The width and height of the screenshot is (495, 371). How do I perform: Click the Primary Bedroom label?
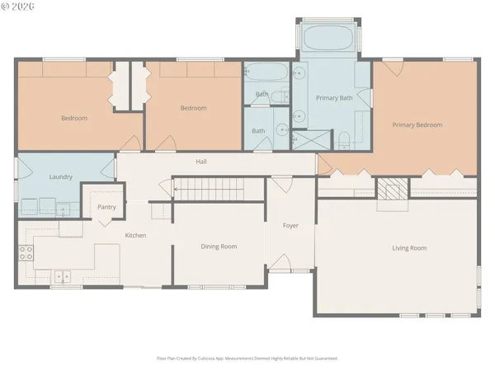pyautogui.click(x=417, y=125)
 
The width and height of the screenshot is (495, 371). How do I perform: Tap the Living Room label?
pyautogui.click(x=408, y=247)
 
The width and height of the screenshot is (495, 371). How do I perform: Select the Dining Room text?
pyautogui.click(x=219, y=247)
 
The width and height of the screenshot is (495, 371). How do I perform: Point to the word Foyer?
pyautogui.click(x=290, y=225)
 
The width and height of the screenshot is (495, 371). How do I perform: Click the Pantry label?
pyautogui.click(x=106, y=208)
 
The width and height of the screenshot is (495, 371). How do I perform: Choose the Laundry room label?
pyautogui.click(x=61, y=176)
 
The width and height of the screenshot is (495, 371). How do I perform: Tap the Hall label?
pyautogui.click(x=200, y=162)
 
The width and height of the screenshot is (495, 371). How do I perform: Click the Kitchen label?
pyautogui.click(x=135, y=236)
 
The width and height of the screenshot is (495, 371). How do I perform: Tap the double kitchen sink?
pyautogui.click(x=61, y=276)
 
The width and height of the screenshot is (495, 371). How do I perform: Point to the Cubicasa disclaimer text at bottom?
pyautogui.click(x=247, y=359)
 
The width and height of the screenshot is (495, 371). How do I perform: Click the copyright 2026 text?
pyautogui.click(x=18, y=7)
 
